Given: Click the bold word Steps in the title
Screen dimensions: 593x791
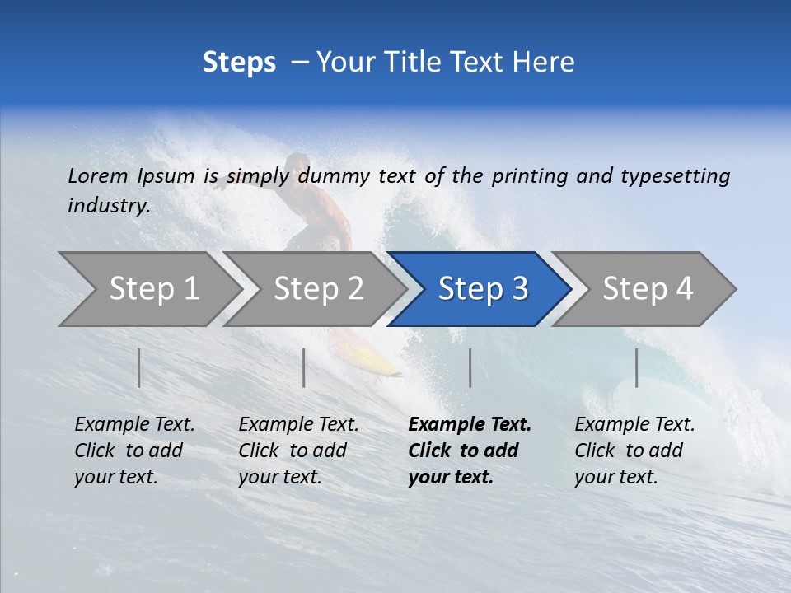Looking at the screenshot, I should [239, 63].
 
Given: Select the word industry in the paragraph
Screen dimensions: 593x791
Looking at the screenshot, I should [109, 206].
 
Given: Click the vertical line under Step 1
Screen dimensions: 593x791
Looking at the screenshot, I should [139, 367].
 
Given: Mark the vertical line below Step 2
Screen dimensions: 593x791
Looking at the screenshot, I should [304, 367].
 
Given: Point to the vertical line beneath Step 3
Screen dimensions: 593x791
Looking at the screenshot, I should [470, 367].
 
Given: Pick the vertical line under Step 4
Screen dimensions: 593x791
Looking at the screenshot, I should [636, 367].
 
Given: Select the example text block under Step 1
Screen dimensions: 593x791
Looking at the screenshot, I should [133, 451].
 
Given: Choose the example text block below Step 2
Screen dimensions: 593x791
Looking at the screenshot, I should [297, 451].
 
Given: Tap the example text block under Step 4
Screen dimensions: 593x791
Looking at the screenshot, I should [634, 451].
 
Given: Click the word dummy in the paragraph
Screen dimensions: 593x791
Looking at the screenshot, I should [334, 176].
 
